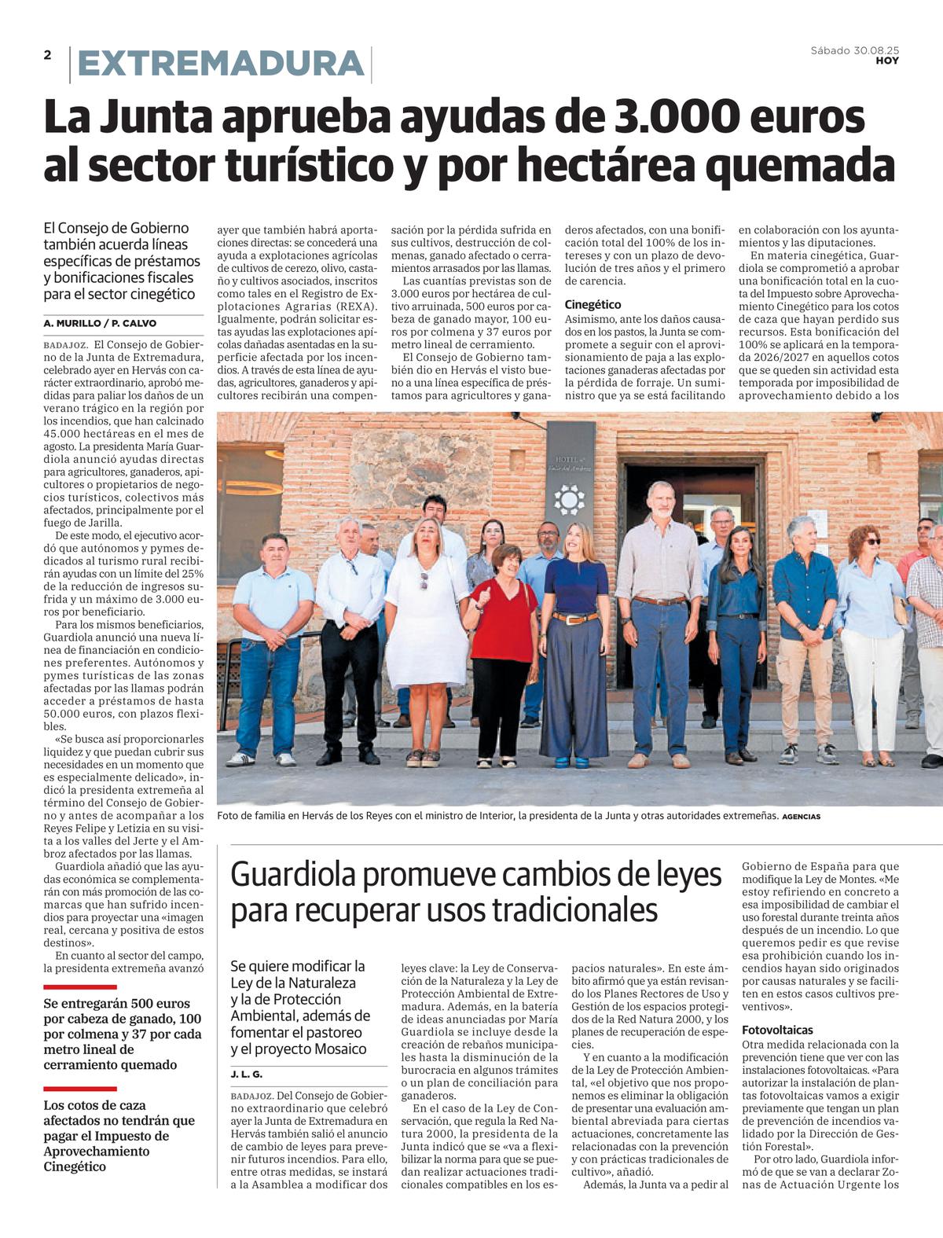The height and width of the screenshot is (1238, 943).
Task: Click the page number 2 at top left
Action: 48,55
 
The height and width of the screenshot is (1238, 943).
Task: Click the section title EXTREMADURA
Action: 221,64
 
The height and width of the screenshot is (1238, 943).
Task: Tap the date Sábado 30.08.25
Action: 854,50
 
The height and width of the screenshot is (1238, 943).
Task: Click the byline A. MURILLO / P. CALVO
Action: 100,323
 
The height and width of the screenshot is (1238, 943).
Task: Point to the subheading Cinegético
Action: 593,304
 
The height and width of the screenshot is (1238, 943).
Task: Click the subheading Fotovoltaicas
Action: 777,1030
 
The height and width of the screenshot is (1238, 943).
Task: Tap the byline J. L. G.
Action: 246,1074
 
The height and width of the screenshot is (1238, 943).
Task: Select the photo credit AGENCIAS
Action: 801,817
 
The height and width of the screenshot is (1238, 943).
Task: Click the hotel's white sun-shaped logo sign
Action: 569,500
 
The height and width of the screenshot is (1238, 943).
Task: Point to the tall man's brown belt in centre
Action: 659,601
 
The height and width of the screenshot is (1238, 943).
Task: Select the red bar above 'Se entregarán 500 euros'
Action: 80,986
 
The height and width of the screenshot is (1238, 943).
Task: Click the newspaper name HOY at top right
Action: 887,61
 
